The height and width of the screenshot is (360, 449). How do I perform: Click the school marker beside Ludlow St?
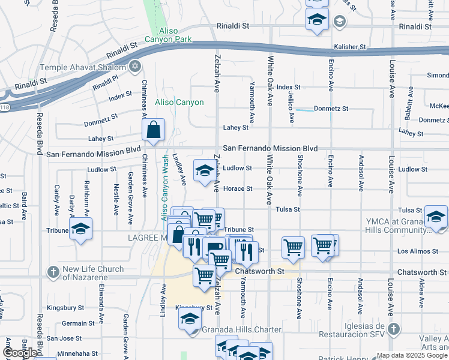(204, 171)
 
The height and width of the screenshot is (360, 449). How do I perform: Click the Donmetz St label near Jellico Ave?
(331, 109)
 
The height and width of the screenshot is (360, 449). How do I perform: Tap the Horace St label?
(238, 188)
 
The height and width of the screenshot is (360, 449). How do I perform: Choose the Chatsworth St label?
(260, 271)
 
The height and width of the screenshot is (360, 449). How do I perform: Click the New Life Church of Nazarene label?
(93, 273)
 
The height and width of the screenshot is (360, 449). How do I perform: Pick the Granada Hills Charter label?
(241, 329)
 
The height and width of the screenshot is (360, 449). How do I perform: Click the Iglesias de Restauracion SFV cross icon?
(393, 329)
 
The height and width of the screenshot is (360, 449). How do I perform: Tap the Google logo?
(20, 353)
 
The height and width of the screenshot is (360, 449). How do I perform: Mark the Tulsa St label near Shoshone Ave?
(288, 209)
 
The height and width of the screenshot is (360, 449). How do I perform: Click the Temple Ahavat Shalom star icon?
(136, 65)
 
